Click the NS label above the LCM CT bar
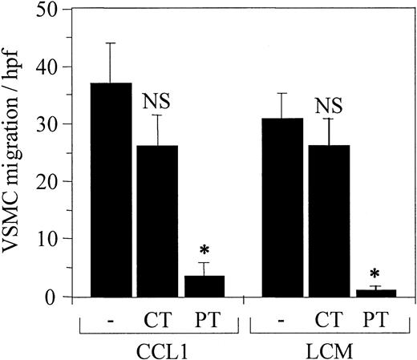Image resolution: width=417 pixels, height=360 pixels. coord(327,104)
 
